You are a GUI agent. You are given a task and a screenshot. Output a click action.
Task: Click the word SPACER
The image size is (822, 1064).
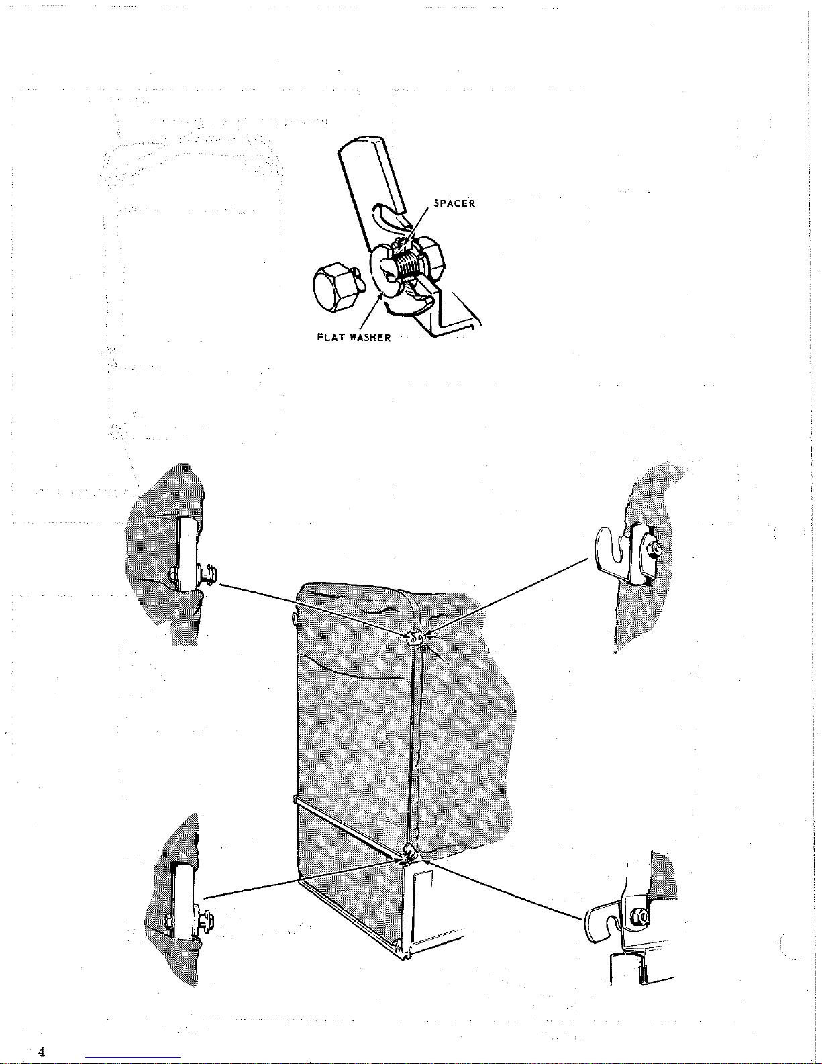point(455,203)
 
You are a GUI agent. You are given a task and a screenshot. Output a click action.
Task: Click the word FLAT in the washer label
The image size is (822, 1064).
point(330,337)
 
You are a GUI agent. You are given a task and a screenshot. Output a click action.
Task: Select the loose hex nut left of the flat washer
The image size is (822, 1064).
point(334,287)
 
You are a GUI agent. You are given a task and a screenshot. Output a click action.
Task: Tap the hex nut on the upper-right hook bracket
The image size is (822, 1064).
point(655,549)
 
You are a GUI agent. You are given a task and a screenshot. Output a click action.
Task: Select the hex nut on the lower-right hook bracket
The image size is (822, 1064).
point(640,916)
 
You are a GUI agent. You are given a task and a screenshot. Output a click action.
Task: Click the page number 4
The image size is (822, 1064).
point(42,1051)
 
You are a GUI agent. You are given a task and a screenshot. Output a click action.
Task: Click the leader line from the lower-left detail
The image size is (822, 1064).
point(302,876)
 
